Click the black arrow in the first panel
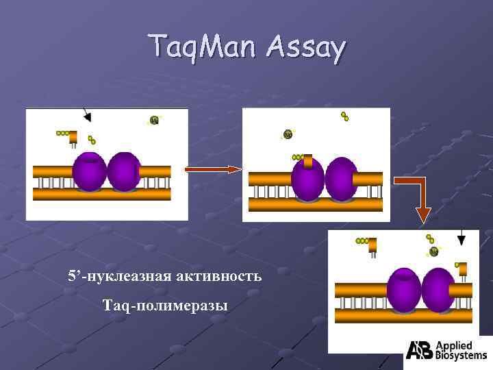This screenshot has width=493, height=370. click(86, 114)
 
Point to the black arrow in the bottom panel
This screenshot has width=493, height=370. click(462, 238)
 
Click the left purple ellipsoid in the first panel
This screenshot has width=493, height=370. click(89, 171)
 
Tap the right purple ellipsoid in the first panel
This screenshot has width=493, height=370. click(124, 171)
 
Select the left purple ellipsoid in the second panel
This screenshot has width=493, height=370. click(307, 180)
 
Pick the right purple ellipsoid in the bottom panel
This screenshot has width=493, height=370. click(439, 290)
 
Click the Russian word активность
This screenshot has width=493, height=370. click(219, 277)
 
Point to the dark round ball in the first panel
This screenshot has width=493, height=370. click(154, 121)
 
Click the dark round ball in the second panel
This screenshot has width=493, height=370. click(288, 134)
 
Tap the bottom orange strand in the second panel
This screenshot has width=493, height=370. click(315, 205)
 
